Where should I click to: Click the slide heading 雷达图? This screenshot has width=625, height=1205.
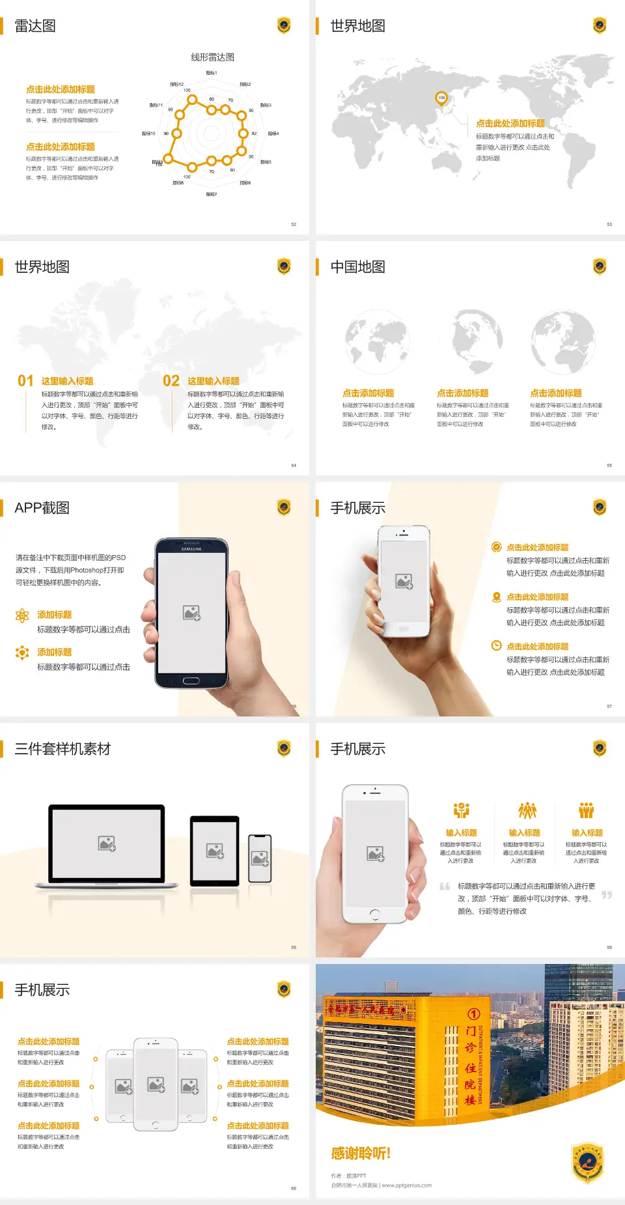point(35,26)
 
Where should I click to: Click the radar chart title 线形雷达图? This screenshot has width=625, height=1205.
point(212,57)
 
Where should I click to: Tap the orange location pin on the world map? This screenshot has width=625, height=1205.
point(441,98)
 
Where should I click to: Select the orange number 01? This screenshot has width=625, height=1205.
point(25,380)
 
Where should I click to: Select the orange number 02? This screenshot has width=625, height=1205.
point(171,380)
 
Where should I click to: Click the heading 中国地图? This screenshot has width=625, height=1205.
point(357,267)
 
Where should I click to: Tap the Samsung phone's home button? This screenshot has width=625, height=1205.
point(191,681)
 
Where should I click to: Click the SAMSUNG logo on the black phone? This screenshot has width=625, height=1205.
point(191,549)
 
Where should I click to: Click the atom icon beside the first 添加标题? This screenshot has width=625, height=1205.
point(22,616)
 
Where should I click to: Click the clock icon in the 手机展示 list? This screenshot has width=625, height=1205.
point(496,645)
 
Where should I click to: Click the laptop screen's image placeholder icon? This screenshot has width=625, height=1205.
point(107,843)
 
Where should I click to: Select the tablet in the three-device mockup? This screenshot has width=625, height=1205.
point(215,850)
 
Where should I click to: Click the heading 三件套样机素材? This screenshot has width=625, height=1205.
point(62,749)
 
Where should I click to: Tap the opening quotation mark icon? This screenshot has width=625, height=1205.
point(445,886)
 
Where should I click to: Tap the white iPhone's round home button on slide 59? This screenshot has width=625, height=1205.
point(374,914)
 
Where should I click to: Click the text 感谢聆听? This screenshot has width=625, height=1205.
point(361,1154)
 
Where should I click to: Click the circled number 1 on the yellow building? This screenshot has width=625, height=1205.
point(473,1014)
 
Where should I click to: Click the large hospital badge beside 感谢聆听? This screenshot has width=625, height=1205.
point(588,1162)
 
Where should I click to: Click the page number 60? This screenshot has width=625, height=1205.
point(294,1188)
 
